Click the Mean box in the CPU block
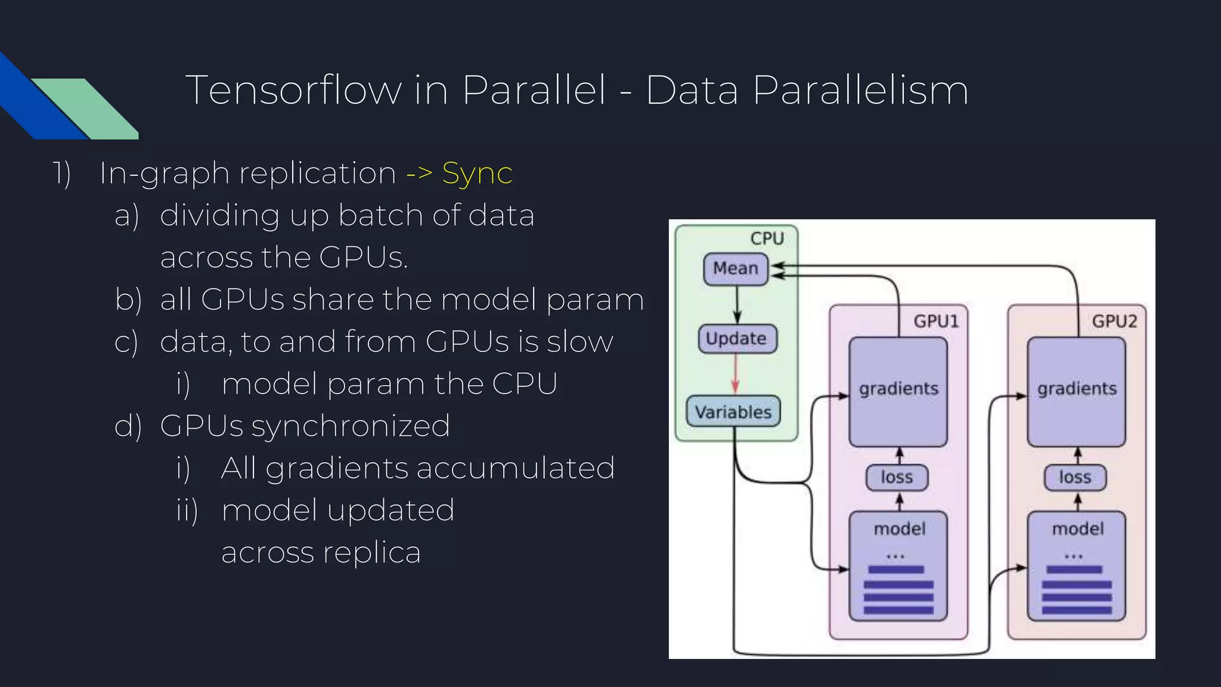[x=736, y=269]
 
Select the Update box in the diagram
[x=737, y=339]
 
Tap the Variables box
[x=733, y=411]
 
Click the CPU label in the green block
[x=767, y=239]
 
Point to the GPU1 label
[x=936, y=321]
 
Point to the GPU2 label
[x=1114, y=321]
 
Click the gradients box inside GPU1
[x=898, y=391]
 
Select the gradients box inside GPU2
[x=1076, y=391]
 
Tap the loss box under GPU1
[x=897, y=478]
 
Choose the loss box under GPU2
[x=1075, y=478]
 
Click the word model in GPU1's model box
[x=899, y=529]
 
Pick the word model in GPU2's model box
[x=1077, y=529]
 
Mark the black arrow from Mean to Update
[x=737, y=304]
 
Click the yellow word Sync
[x=477, y=174]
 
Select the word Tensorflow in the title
[x=293, y=91]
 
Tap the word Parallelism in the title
[x=860, y=91]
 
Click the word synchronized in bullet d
[x=350, y=426]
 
